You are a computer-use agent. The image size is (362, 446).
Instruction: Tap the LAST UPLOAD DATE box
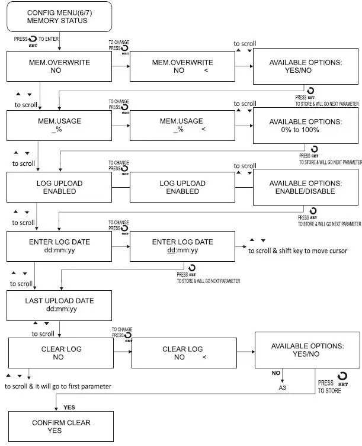[59, 304]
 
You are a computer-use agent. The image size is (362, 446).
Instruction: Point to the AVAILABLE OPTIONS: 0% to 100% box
[306, 126]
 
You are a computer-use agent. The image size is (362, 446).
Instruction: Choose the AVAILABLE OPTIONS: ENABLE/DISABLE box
[306, 187]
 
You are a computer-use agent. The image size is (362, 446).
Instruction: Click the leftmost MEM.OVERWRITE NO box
[59, 66]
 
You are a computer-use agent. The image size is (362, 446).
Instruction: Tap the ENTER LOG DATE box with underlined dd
[182, 246]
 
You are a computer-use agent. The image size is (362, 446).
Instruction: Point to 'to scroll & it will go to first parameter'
[57, 386]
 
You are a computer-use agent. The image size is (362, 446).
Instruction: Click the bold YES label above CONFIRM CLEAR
[69, 408]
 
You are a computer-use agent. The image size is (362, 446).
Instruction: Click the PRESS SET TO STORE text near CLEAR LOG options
[329, 387]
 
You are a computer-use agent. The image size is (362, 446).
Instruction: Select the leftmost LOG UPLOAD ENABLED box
[59, 187]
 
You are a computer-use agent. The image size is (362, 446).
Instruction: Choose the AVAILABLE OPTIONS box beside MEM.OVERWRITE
[306, 66]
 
